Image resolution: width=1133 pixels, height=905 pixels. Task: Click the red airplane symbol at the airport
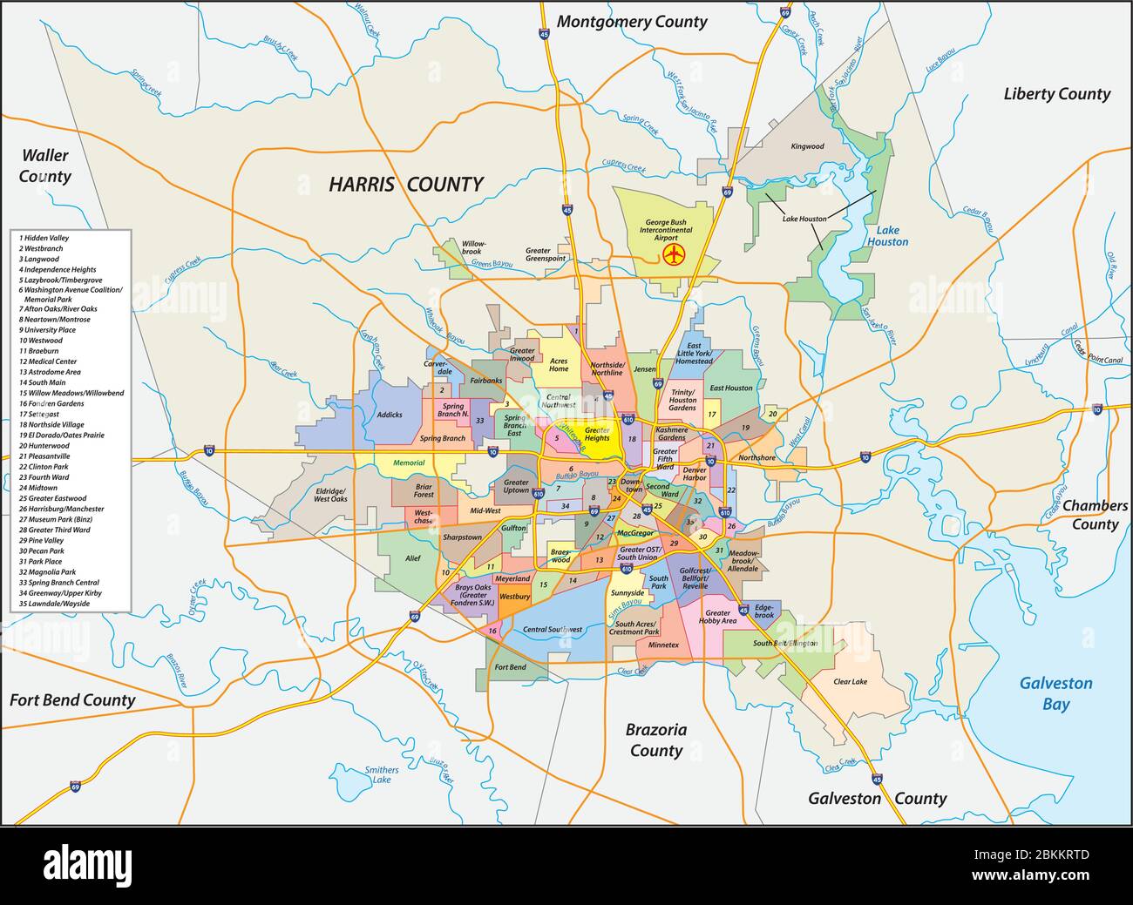pos(672,254)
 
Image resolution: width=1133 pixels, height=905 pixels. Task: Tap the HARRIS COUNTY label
pos(405,184)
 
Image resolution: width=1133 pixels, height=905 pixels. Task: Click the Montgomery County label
pos(632,22)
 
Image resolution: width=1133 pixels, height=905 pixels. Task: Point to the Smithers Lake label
pos(381,775)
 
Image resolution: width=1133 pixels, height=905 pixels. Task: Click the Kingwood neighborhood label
pos(806,146)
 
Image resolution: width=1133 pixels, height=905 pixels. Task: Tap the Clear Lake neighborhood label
pos(850,681)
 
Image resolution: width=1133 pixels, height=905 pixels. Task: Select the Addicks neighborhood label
pos(390,415)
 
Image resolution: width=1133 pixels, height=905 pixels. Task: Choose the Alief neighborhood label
pos(412,558)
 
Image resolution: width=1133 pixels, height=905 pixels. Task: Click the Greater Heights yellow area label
pos(597,434)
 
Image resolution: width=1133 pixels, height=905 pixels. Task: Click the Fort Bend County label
pos(72,699)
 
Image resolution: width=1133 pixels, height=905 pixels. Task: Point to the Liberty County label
pos(1056,94)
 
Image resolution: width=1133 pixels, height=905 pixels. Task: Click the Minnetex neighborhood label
pos(663,645)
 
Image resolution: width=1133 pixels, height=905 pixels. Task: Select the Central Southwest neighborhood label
pos(552,629)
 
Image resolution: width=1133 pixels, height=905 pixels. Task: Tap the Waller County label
pos(45,165)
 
